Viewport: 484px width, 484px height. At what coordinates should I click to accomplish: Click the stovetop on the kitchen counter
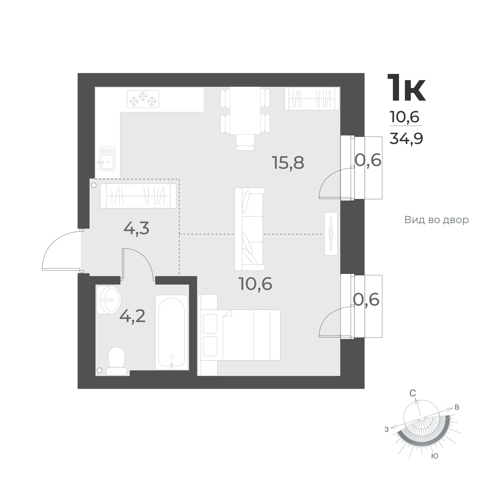pos(143,99)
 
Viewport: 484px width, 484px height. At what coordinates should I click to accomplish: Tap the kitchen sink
pos(107,158)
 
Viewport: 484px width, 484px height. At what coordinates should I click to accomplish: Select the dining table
pos(245,111)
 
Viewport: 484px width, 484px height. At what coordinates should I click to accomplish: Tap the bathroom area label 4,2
pos(132,316)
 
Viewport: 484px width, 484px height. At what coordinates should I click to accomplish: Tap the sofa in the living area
pos(249,229)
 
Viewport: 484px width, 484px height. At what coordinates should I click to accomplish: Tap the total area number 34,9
pos(406,139)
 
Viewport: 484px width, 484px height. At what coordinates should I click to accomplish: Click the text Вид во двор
pos(436,220)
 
